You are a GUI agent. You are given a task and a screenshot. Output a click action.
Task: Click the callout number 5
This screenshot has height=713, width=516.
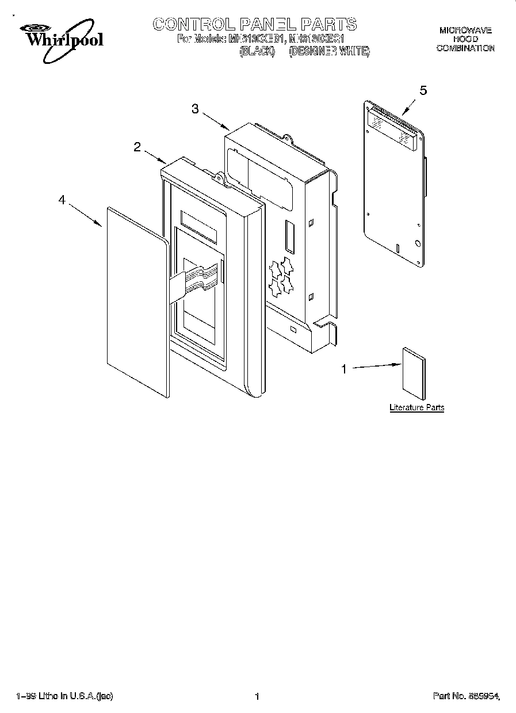pos(423,90)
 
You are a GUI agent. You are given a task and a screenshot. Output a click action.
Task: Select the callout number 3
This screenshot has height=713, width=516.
pos(195,109)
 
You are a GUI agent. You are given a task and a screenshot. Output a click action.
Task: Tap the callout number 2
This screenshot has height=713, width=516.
pos(137,147)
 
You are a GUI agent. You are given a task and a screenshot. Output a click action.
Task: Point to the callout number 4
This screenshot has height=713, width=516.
pos(62,199)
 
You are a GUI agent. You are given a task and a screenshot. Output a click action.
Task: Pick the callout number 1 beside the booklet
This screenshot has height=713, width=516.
pos(345,369)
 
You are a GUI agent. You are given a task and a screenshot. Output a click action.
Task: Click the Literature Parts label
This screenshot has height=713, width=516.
pos(416,407)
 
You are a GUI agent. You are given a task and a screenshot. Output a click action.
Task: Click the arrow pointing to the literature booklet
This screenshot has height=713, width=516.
pos(376,367)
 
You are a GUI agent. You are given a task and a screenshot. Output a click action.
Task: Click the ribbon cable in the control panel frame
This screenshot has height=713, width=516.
pos(196,279)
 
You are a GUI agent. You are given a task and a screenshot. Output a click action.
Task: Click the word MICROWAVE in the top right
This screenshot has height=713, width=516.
pos(465,30)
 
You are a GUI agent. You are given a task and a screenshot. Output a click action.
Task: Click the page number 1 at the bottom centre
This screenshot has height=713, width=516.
pos(257,696)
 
